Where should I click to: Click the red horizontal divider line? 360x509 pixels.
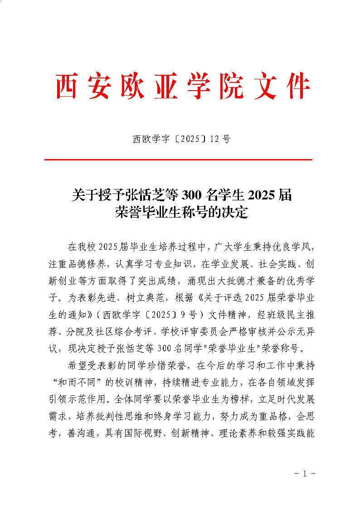click(179, 160)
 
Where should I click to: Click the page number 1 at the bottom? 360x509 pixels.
click(304, 474)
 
